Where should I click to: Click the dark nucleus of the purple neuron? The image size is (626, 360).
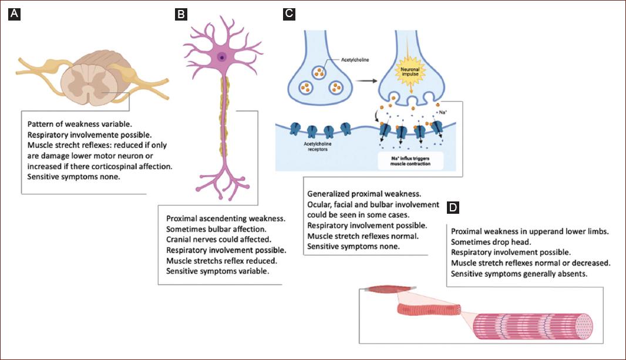coord(222,57)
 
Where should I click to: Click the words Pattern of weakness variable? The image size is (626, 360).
coord(75,125)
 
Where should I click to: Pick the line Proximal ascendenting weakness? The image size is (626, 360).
coord(226,218)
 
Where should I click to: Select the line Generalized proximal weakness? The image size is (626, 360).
coord(364,193)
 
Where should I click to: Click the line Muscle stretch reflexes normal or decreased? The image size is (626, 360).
coord(530,263)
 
